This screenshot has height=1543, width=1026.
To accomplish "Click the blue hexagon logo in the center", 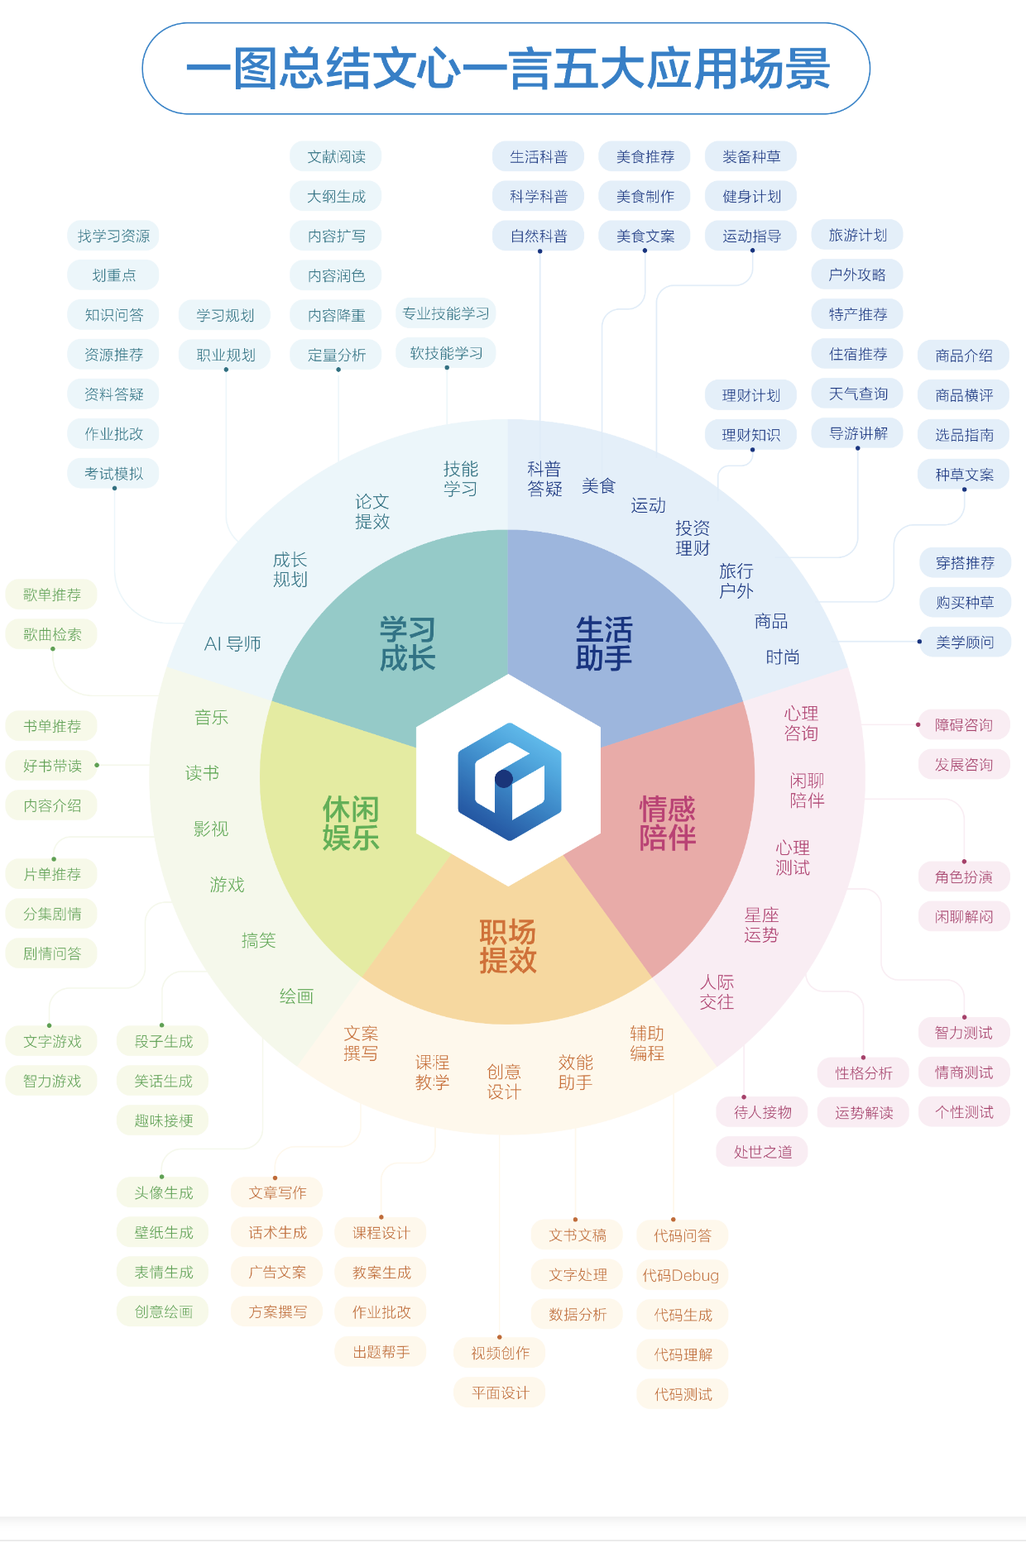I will [x=509, y=781].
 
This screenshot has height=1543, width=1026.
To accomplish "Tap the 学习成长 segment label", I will [x=407, y=643].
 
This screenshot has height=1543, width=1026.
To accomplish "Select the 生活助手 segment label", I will [x=604, y=643].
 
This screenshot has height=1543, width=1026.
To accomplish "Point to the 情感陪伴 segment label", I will [x=667, y=823].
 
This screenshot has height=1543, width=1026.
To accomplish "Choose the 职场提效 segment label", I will [x=508, y=946].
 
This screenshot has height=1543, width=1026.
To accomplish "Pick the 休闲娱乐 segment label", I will [x=351, y=823].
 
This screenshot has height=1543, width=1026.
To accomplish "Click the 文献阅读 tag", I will [x=336, y=157].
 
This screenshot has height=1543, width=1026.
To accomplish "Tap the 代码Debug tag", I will [x=681, y=1275].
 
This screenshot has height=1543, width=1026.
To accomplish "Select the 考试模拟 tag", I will [x=113, y=474].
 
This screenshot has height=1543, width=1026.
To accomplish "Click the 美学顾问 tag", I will [x=965, y=643].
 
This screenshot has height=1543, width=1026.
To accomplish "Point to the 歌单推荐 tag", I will [x=51, y=595].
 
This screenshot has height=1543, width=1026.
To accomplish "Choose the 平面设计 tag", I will [x=500, y=1393].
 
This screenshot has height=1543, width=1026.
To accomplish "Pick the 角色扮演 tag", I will [x=964, y=877].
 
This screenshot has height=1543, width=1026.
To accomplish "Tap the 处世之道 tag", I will [x=762, y=1152].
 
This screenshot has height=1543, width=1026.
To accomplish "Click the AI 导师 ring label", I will [x=233, y=644].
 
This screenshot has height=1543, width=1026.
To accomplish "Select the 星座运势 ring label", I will [x=761, y=925].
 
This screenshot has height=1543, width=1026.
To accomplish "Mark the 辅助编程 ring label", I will [x=647, y=1043].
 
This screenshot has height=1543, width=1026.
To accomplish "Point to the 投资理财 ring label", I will [x=693, y=538].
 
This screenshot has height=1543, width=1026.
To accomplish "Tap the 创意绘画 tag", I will [x=163, y=1311].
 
